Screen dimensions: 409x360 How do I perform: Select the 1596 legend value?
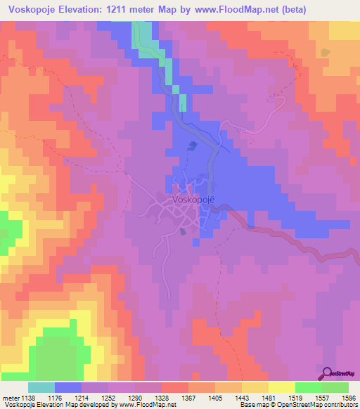coord(348,398)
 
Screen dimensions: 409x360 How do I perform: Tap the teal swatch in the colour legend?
coord(41,387)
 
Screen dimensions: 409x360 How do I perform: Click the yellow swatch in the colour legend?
coord(281,387)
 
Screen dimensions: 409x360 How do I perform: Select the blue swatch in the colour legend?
coord(67,387)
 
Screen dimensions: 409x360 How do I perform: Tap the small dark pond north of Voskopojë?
coord(193,145)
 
